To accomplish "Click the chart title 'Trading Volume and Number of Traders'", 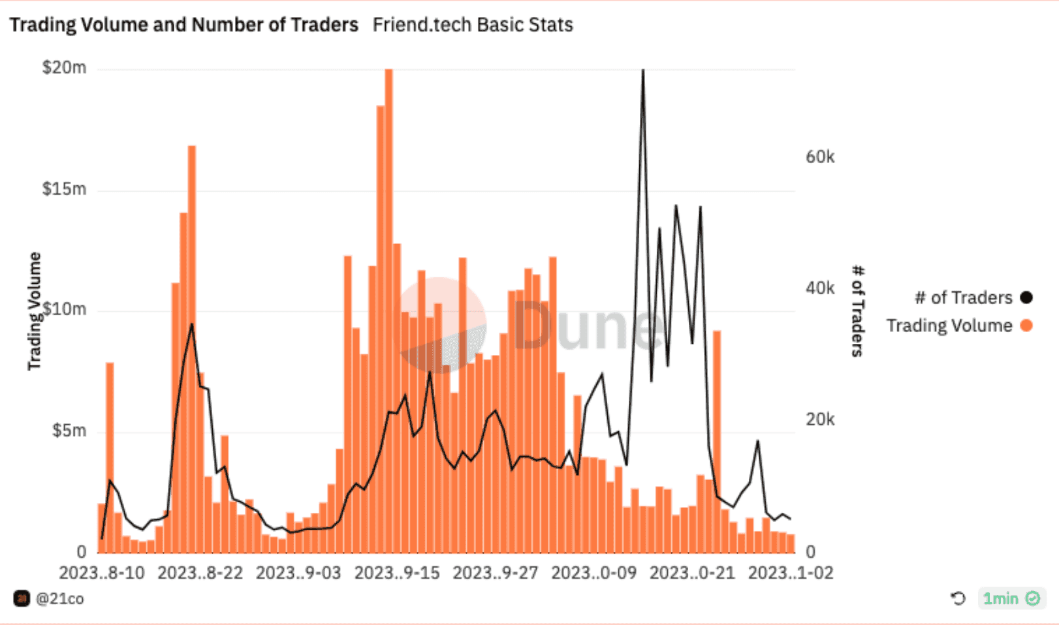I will click(183, 25).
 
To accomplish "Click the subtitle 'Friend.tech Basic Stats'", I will click(473, 25).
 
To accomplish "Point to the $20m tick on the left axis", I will click(64, 68).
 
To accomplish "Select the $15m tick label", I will click(64, 189).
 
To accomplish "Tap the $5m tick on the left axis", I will click(69, 431).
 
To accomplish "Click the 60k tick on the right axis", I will click(820, 157).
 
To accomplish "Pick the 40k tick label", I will click(820, 288).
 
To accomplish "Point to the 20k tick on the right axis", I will click(820, 419).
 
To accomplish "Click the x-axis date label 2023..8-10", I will click(102, 573).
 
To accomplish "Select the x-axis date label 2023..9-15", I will click(397, 573).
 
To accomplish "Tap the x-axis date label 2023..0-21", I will click(692, 573).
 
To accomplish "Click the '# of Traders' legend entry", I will click(964, 297).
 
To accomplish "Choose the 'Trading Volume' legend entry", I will click(949, 326).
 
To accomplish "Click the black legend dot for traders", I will click(1026, 297).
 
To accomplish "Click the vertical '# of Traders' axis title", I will click(857, 311).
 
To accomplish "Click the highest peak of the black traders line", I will click(643, 71).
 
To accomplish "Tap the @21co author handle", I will click(59, 599).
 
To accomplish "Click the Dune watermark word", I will click(588, 324).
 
